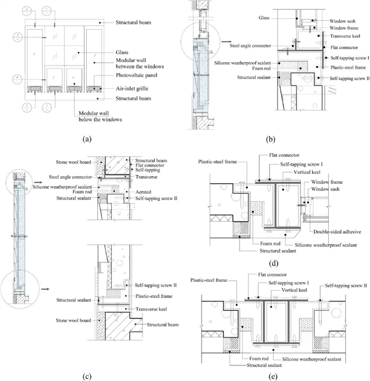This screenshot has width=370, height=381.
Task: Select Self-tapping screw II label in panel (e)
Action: click(x=346, y=285)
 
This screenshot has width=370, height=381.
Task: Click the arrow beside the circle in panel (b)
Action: click(x=213, y=42)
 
